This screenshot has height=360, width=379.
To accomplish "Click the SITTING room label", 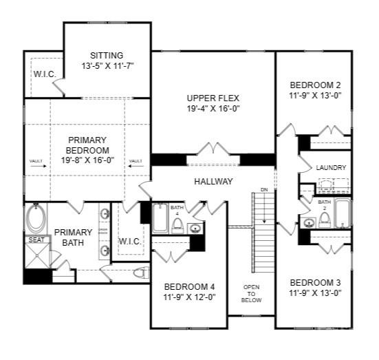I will pos(107,55).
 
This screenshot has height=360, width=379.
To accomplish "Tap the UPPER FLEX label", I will pos(213,98).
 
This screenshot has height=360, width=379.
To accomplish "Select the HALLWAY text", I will pos(213,182).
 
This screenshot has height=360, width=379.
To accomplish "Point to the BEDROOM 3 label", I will pos(315,282).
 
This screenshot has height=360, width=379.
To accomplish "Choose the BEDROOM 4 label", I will pos(189,287).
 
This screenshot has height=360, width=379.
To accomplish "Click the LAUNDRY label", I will pos(331,168).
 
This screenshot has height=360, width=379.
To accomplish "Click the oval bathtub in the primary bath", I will pos(35,219).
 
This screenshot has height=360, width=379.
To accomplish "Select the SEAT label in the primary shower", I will pos(35,240).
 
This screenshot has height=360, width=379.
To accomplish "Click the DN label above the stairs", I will pos(263,189).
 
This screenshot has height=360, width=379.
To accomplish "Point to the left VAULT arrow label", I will pos(36,161).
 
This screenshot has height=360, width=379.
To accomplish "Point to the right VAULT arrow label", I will pos(136,161).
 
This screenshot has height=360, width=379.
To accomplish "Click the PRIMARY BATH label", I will pos(73,237).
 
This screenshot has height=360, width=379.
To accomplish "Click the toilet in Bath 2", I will pos(325,220).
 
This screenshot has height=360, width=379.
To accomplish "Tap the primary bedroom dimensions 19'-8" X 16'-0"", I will pos(87,160).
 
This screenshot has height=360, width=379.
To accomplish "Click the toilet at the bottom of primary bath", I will pos(140,273).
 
